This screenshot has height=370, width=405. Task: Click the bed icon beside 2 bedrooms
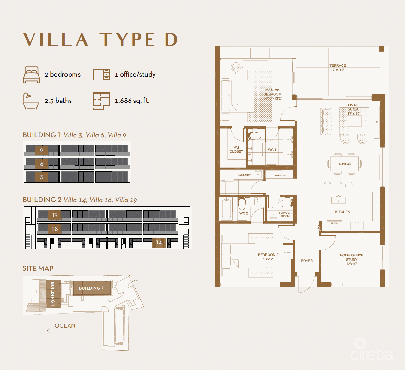pyautogui.click(x=31, y=75)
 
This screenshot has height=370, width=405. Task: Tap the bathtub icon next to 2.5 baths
pyautogui.click(x=31, y=101)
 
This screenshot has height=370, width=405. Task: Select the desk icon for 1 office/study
pyautogui.click(x=101, y=75)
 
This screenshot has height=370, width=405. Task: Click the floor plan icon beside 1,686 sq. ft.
pyautogui.click(x=101, y=101)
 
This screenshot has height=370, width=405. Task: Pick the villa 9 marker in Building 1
pyautogui.click(x=42, y=150)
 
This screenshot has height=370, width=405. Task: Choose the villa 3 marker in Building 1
pyautogui.click(x=42, y=177)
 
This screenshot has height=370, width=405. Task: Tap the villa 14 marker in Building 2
pyautogui.click(x=159, y=243)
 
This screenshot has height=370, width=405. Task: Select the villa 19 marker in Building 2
pyautogui.click(x=55, y=215)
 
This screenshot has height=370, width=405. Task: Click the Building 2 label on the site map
pyautogui.click(x=91, y=288)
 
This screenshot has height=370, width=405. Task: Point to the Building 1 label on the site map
pyautogui.click(x=52, y=294)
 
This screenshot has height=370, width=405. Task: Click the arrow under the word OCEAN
pyautogui.click(x=65, y=331)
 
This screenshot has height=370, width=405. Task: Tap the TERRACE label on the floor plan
pyautogui.click(x=337, y=65)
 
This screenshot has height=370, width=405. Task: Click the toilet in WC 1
pyautogui.click(x=255, y=136)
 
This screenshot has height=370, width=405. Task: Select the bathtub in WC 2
pyautogui.click(x=226, y=209)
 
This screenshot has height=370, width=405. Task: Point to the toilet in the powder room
pyautogui.click(x=286, y=203)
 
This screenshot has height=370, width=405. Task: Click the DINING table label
pyautogui.click(x=345, y=164)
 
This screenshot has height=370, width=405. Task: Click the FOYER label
pyautogui.click(x=307, y=261)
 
